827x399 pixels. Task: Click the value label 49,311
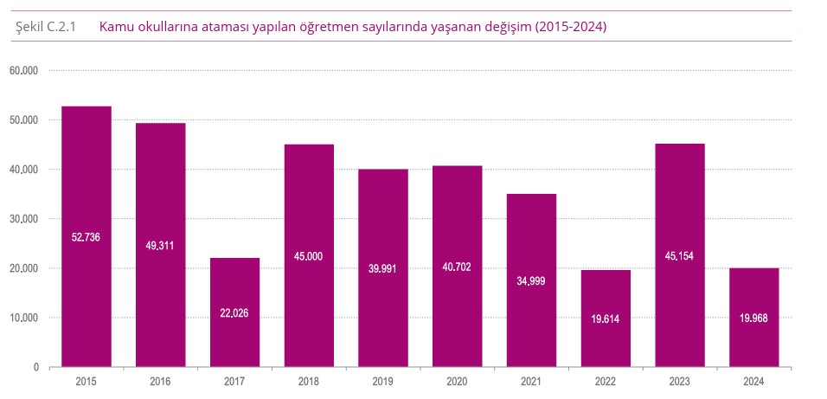pos(160,246)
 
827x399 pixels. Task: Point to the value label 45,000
pos(309,256)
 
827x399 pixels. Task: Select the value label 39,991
pos(383,268)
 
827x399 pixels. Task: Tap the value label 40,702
pos(457,267)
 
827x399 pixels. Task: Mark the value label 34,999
pos(531,281)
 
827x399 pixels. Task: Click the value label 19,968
pos(753,318)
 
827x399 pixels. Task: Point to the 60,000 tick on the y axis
pos(24,71)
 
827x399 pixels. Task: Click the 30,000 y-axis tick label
pos(24,219)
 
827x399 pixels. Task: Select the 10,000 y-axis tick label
pos(24,319)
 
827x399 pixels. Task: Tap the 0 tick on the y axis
pos(35,368)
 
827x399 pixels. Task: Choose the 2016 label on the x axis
pos(160,381)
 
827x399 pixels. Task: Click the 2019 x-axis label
pos(383,381)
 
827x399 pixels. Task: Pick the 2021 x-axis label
pos(531,381)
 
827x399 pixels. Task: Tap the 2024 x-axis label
pos(753,381)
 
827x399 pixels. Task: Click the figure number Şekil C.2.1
pos(46,27)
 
